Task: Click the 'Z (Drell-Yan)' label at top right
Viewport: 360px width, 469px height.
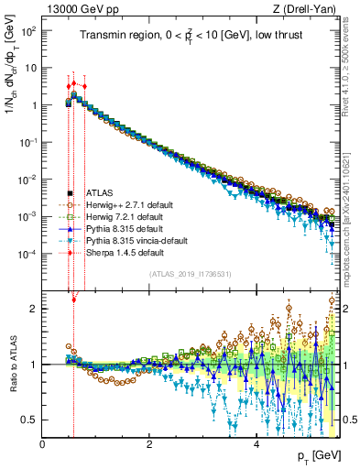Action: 309,8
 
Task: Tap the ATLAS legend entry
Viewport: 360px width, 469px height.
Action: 100,193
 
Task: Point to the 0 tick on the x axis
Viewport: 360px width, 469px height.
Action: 42,444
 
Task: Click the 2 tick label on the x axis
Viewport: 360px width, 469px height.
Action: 149,444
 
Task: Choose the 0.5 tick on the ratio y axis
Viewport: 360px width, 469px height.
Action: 30,420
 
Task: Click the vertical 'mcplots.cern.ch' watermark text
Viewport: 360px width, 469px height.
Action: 352,220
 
